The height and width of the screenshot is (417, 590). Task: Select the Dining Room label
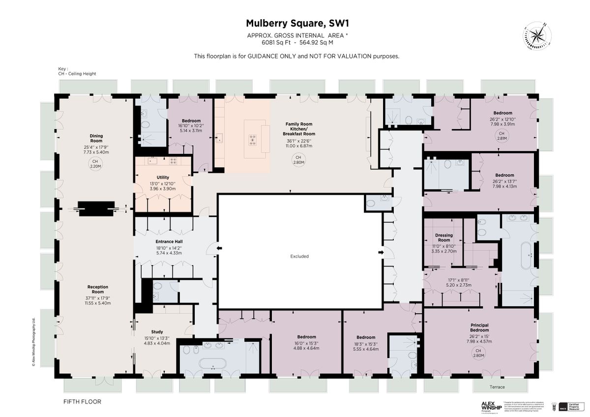(x=96, y=138)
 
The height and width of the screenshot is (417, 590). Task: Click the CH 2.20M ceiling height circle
(x=95, y=164)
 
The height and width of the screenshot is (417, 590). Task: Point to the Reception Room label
(x=97, y=289)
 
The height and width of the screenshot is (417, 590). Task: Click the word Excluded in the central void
(x=299, y=256)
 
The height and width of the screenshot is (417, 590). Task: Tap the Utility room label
(x=163, y=177)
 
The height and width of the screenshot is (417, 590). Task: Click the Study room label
(x=156, y=332)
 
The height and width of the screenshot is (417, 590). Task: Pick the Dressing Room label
(x=443, y=238)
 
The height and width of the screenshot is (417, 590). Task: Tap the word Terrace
(x=497, y=387)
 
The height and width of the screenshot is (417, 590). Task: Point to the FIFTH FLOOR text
(x=82, y=402)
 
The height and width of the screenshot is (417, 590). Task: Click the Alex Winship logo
(x=491, y=406)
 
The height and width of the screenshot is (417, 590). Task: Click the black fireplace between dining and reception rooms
(x=97, y=208)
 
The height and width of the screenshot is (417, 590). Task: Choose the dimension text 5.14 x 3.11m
(x=191, y=131)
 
